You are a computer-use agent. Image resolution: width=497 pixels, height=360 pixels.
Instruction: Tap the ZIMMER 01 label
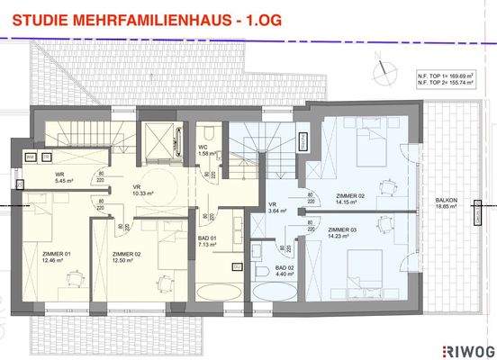[x=56, y=254]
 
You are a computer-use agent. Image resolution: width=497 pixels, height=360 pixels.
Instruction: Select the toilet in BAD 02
[x=259, y=273]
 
